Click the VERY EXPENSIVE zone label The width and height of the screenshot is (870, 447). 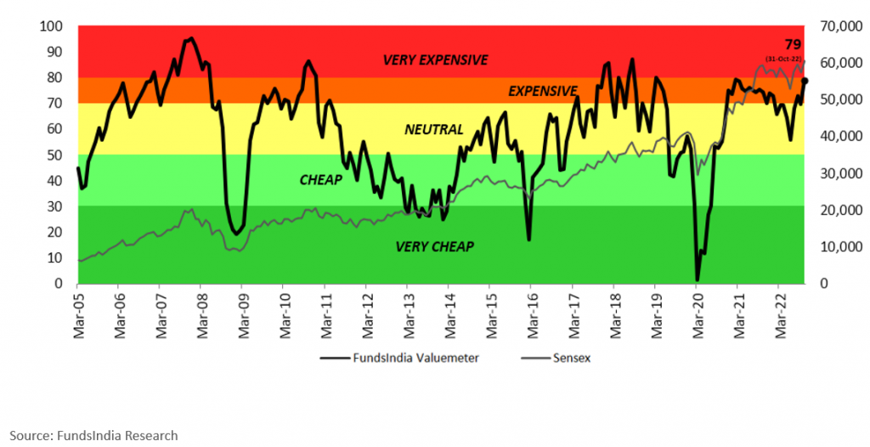pos(435,60)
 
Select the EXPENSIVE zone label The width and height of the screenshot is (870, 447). pos(543,91)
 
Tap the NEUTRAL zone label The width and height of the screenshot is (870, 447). pos(433,130)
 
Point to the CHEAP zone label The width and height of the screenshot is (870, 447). pos(320,180)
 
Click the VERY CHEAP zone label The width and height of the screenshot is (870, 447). pos(434,246)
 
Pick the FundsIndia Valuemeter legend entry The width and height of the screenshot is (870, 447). pos(399,358)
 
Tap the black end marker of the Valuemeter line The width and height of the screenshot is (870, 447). pos(805,81)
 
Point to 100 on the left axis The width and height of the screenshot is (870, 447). pos(51,25)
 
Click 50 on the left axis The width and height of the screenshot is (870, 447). pos(55,155)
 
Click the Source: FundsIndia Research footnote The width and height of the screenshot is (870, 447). pos(93,435)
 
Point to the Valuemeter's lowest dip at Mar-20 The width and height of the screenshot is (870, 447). pos(698,280)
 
